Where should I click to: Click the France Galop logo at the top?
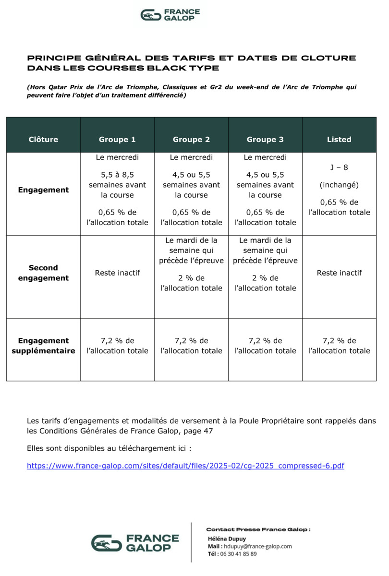coord(170,15)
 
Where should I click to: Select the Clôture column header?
coord(43,140)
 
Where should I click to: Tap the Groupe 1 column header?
coord(117,140)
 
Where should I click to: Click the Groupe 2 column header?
coord(191,140)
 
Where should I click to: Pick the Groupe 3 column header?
coord(265,140)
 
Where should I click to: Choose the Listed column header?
coord(339,140)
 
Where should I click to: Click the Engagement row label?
coord(43,190)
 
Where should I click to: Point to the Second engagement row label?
coord(43,273)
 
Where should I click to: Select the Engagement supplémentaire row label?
coord(43,346)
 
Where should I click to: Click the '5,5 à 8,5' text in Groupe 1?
coord(117,175)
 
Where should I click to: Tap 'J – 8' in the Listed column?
coord(339,168)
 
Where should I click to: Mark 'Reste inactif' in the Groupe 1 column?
coord(117,273)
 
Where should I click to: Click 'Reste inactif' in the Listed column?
coord(339,273)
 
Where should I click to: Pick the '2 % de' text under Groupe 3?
coord(265,278)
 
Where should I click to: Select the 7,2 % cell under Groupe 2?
coord(191,346)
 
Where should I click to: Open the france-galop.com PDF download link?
coord(185,466)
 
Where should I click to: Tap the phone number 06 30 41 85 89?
coord(239,553)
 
